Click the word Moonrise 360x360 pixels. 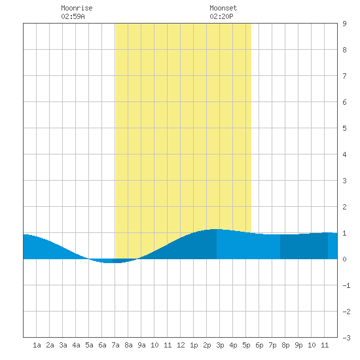(77, 8)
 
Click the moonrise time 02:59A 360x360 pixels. (73, 16)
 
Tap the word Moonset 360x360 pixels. (223, 8)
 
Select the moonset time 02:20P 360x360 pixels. (221, 16)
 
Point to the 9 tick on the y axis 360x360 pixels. (344, 24)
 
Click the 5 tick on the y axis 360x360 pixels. (344, 128)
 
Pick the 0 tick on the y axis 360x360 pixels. (344, 259)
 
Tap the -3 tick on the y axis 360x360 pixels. (346, 338)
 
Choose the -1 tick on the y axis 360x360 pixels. (346, 285)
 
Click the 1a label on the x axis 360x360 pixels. (37, 345)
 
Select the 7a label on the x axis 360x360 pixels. (115, 345)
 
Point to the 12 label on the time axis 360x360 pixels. (181, 345)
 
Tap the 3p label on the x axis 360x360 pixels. (220, 345)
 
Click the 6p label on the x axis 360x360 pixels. (259, 345)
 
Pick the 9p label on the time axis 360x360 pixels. (298, 345)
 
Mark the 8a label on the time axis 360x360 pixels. (128, 345)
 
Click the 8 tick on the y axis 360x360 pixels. (344, 50)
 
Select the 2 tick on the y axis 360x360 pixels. (344, 207)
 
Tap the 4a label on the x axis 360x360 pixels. (76, 345)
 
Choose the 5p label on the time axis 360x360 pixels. (246, 345)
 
